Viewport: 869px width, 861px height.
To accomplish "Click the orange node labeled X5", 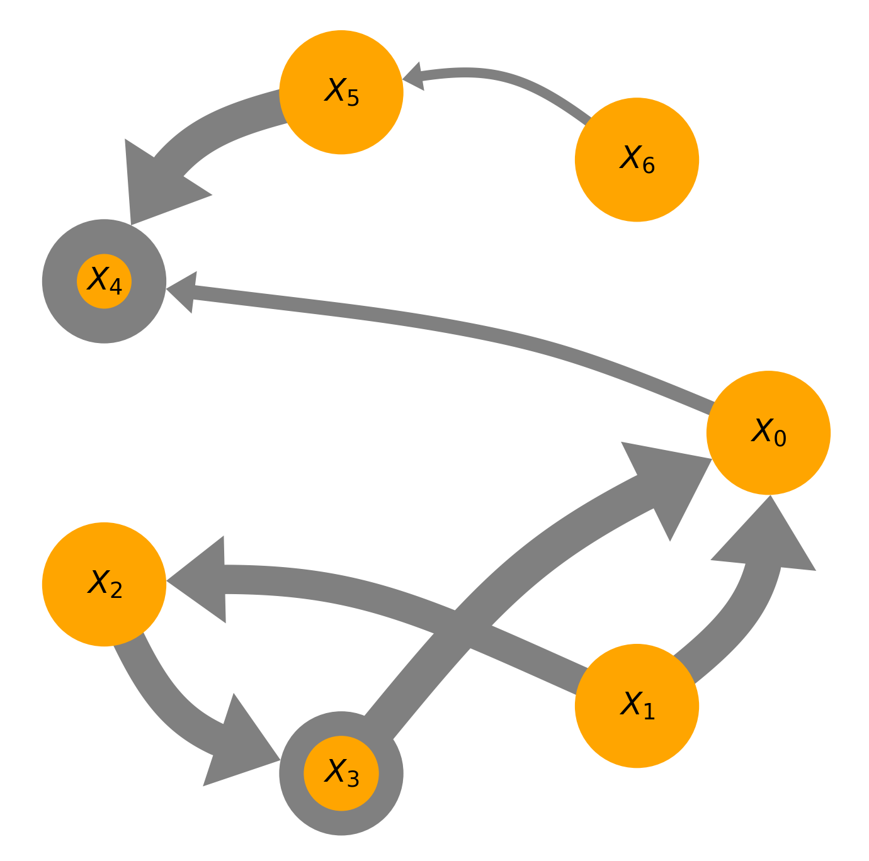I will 341,92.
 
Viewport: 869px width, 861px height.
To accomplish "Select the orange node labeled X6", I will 637,159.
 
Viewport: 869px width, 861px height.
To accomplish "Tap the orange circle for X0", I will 768,432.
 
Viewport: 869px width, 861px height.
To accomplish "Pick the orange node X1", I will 637,706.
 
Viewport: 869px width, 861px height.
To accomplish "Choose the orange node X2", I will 104,584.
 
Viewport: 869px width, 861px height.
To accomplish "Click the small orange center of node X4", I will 104,281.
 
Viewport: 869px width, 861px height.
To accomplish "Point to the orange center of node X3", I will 341,773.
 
